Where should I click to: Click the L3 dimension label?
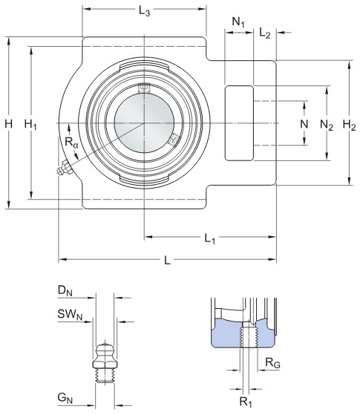pos(144,11)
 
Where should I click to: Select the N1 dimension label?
pos(238,22)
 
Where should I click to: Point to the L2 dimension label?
pos(265,33)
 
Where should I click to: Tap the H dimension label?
pos(9,123)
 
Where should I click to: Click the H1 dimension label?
pos(30,125)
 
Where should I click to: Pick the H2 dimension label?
pos(349,125)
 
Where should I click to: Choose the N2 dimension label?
pos(327,125)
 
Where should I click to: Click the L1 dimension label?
pos(210,239)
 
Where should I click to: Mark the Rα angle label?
pos(72,143)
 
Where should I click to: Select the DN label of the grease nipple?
pos(65,290)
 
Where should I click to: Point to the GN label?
pos(65,398)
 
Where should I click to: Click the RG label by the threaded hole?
pos(272,362)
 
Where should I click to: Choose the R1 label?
pos(246,402)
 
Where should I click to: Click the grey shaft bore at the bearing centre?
pos(144,123)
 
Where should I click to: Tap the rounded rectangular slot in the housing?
pos(239,123)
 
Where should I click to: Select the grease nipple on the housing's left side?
pos(65,168)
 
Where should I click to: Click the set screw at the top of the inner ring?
pos(144,88)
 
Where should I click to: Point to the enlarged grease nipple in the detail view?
pos(105,363)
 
